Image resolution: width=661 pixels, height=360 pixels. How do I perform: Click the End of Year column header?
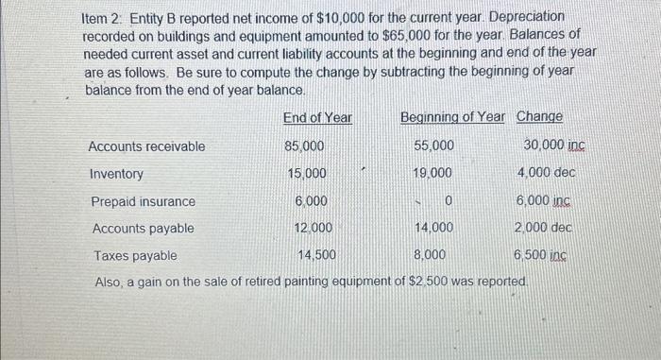(317, 117)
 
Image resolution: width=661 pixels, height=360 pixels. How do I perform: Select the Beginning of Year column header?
(453, 117)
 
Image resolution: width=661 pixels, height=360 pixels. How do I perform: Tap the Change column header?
(539, 117)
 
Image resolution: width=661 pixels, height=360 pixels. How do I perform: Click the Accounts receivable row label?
(146, 146)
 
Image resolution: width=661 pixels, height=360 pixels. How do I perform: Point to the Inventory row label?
(117, 174)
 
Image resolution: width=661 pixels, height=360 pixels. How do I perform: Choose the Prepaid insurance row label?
(144, 201)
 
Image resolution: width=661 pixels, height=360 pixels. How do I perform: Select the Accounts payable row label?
(144, 228)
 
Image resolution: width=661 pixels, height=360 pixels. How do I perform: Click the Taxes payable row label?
(134, 255)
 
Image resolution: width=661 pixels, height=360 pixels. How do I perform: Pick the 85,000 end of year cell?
(304, 146)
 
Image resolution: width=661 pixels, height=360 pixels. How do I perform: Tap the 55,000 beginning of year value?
(433, 146)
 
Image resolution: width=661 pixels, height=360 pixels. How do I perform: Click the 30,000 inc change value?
(552, 146)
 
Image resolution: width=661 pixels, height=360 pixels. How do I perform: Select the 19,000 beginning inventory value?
(433, 174)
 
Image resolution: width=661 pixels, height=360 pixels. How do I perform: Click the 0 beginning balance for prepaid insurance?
(449, 201)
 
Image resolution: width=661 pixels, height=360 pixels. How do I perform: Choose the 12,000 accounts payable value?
(313, 228)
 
